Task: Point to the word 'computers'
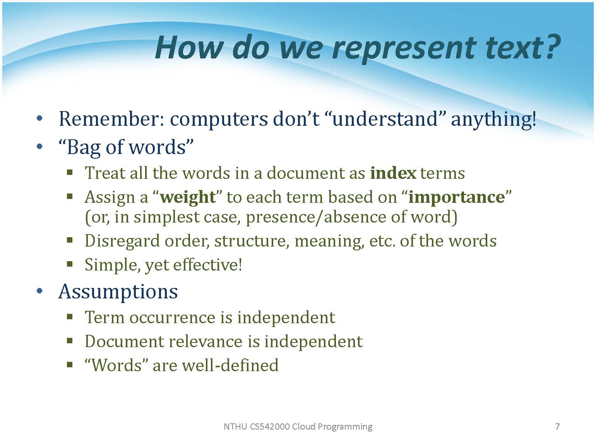(x=219, y=120)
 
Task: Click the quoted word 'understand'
(x=385, y=119)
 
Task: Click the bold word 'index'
(x=393, y=173)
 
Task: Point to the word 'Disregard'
(x=122, y=241)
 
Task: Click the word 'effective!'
(x=207, y=264)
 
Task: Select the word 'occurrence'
(x=173, y=317)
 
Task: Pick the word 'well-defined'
(x=230, y=365)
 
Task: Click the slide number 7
(x=557, y=426)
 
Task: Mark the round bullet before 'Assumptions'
(x=39, y=291)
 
